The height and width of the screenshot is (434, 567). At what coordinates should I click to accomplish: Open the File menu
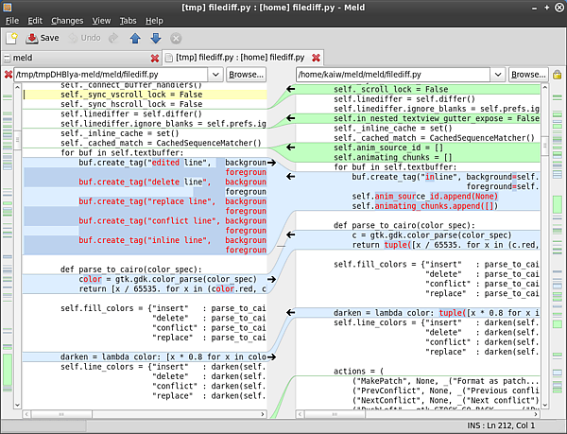point(12,21)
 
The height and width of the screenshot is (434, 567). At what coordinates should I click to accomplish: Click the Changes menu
point(67,21)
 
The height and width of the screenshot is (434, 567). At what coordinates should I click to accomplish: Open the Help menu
point(154,21)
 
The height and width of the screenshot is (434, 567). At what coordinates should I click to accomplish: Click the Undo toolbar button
point(85,38)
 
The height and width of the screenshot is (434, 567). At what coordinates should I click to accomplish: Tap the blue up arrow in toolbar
point(135,38)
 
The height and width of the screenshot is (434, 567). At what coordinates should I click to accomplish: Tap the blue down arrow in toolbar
point(156,38)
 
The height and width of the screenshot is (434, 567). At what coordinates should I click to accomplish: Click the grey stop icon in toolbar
point(176,39)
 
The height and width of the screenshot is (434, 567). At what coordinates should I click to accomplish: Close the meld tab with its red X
point(155,58)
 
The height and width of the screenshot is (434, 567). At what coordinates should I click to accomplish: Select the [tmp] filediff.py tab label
point(240,58)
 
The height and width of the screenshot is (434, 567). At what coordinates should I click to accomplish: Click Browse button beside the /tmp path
point(247,75)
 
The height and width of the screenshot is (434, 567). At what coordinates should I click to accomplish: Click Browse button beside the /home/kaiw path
point(528,75)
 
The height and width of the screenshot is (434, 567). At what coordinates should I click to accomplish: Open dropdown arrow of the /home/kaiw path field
point(498,75)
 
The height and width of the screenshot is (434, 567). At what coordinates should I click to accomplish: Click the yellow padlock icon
point(558,75)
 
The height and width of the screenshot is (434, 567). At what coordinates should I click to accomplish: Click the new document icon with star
point(11,38)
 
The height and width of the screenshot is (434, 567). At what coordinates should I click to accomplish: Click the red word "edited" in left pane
point(165,163)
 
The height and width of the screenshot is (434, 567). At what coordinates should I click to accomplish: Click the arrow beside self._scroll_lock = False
point(290,89)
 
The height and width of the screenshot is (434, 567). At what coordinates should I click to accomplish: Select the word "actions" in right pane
point(350,371)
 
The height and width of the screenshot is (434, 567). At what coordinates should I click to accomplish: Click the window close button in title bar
point(559,8)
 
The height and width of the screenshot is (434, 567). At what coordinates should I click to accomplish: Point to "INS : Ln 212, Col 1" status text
point(501,425)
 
